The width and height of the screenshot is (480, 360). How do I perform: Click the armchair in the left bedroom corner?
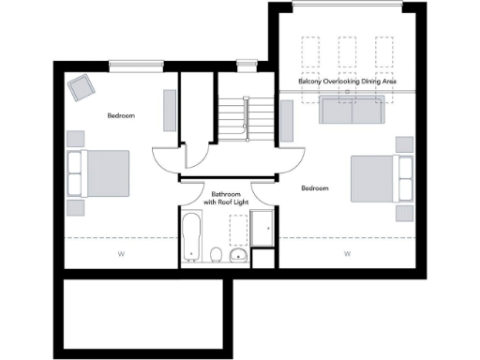coord(80,88)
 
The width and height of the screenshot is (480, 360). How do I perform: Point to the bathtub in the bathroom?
coord(192,237)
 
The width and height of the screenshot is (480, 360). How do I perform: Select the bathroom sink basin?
coord(239,254)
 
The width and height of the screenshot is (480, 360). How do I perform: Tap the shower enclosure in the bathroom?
coord(262,229)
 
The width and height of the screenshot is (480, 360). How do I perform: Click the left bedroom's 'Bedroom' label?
coord(121,115)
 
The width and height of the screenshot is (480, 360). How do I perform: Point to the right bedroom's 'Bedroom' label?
coord(315,188)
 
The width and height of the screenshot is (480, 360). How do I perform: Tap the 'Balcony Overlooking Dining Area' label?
coord(348,82)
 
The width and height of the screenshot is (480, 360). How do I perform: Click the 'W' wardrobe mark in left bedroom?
coord(121,253)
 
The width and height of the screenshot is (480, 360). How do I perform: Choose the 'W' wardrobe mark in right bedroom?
coord(347,253)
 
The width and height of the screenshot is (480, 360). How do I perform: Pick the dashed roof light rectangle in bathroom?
coord(239,229)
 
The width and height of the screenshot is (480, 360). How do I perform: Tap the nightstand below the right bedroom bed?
coord(404,213)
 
